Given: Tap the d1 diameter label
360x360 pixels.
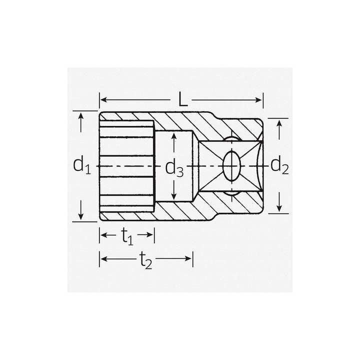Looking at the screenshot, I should point(81,165).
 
